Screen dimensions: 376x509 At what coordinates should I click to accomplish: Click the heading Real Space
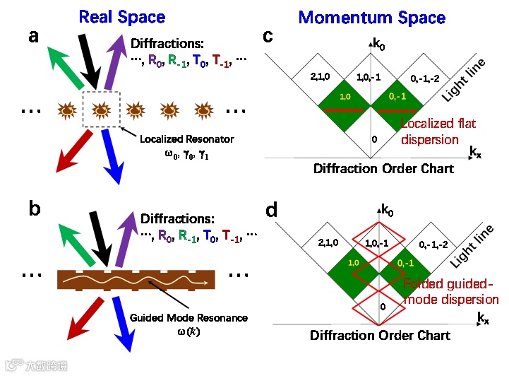coord(122,16)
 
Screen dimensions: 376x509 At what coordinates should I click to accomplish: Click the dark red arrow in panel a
coord(66,148)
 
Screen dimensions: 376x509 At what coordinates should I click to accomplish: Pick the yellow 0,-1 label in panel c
coord(397,96)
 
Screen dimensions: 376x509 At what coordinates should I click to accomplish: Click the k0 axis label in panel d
coord(388,208)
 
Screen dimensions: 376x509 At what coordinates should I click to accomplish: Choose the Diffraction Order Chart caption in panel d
coord(380,335)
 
